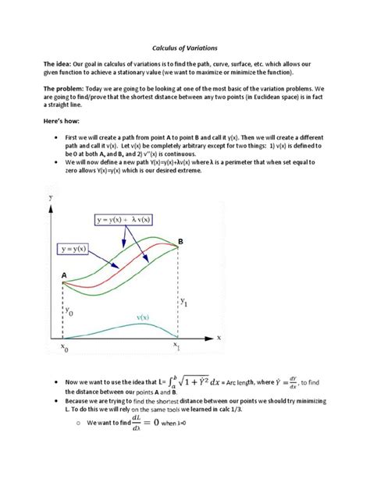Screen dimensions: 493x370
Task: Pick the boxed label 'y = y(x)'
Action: (79, 249)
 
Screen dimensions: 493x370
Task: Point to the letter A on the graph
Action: (63, 275)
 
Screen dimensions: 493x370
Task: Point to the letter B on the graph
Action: (180, 243)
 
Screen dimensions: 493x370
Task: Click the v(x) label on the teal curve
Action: (143, 317)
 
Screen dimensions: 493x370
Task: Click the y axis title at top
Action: (52, 199)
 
